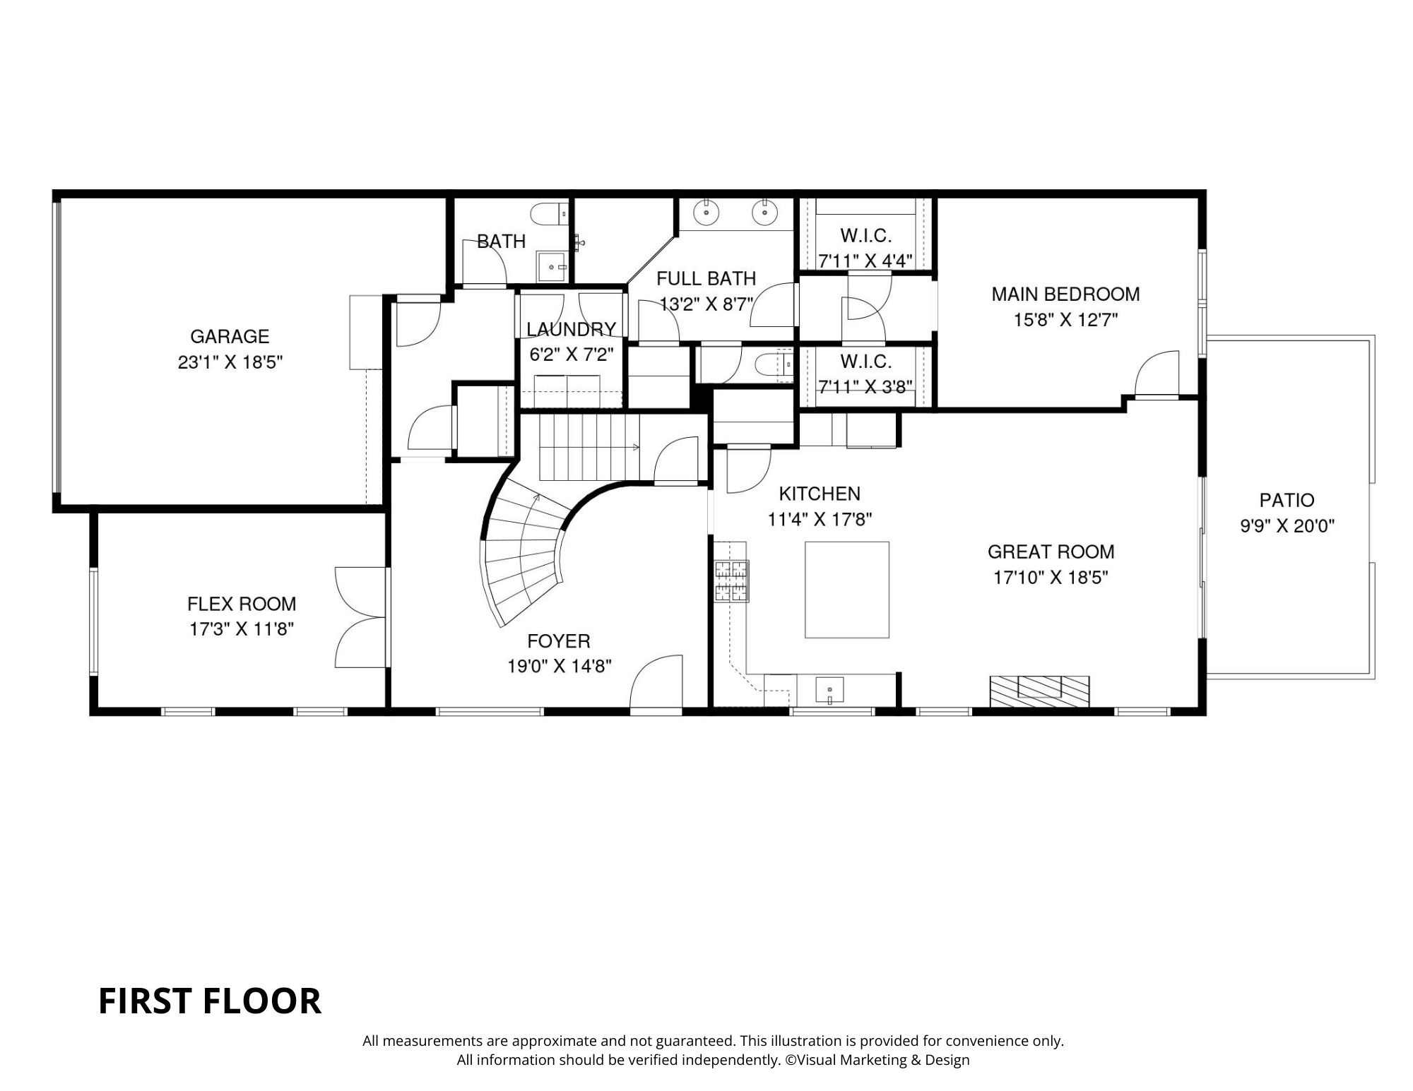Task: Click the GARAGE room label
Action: point(230,337)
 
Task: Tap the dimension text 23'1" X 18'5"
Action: point(230,363)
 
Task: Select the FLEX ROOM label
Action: point(241,604)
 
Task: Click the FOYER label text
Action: point(558,641)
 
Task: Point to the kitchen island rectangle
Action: point(846,590)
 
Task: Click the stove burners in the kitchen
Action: point(731,581)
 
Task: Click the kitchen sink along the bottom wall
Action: point(829,689)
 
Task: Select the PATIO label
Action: point(1287,501)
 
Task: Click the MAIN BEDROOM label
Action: point(1065,294)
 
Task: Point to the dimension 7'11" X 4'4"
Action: point(865,261)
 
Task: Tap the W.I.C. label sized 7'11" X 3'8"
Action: point(865,362)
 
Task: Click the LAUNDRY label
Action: point(571,330)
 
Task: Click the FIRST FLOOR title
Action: point(209,1001)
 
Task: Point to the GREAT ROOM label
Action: point(1051,552)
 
